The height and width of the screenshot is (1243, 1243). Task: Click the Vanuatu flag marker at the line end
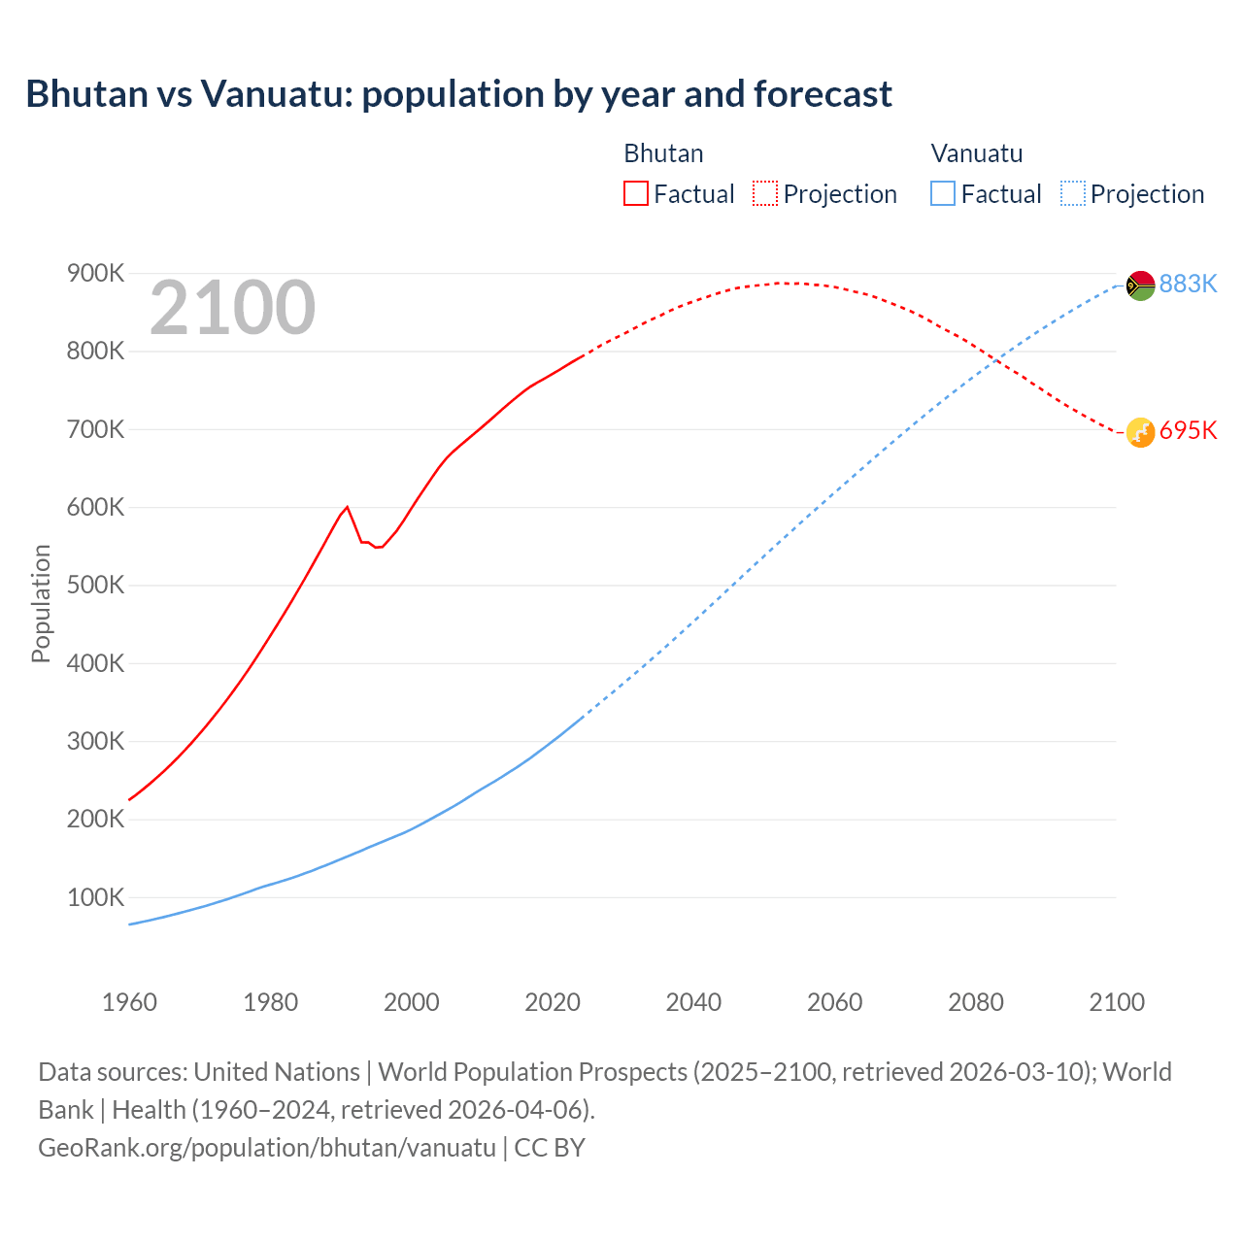click(1140, 286)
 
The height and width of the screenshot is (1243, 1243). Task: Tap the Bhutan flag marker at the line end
click(1140, 432)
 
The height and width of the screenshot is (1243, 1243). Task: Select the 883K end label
click(1188, 284)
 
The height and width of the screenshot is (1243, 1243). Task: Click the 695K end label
click(1188, 430)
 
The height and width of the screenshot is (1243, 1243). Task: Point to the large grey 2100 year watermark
click(232, 308)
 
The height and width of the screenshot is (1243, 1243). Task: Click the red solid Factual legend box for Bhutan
click(635, 193)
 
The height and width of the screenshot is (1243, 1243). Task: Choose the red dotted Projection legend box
click(765, 193)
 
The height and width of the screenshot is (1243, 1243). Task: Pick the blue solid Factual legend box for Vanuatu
click(942, 193)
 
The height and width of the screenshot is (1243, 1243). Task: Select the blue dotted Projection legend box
click(1072, 193)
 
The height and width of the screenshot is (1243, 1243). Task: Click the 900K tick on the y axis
click(95, 273)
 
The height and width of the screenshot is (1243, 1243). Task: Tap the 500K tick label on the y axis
click(95, 585)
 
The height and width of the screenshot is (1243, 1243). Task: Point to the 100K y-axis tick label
click(95, 897)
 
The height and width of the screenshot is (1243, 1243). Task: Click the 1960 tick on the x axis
click(129, 1002)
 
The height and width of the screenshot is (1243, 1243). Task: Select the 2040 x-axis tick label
click(693, 1002)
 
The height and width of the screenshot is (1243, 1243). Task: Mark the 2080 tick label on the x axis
click(975, 1002)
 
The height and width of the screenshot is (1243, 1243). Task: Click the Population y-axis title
click(41, 603)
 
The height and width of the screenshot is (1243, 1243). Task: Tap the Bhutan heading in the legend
click(663, 153)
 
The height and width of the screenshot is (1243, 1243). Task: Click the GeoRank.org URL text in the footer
click(267, 1147)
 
